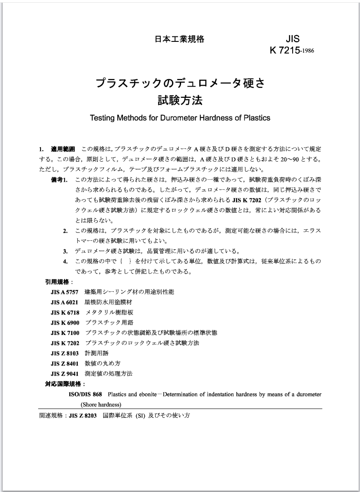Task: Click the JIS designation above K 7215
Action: click(291, 39)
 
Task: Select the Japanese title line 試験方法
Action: click(180, 100)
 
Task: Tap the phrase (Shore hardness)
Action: click(101, 404)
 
